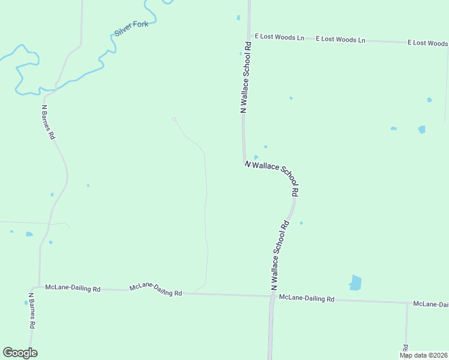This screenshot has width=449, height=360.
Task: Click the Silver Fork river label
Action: click(x=131, y=28)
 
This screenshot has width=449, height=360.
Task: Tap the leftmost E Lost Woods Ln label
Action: click(x=279, y=37)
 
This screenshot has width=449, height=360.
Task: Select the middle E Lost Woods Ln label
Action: click(x=342, y=40)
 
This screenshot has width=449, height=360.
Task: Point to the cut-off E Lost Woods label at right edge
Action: click(x=427, y=43)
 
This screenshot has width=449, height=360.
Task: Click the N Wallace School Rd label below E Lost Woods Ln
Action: click(x=246, y=77)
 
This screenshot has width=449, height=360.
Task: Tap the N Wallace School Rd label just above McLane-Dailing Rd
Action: click(x=279, y=256)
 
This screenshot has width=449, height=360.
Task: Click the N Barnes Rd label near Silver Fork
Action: click(x=48, y=122)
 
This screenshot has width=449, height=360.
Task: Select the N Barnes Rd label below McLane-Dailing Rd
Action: click(x=32, y=310)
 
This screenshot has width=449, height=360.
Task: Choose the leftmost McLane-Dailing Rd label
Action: click(x=73, y=288)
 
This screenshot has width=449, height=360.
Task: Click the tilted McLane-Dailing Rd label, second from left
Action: click(x=155, y=290)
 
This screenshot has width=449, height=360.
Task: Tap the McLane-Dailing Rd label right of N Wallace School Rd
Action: click(x=307, y=298)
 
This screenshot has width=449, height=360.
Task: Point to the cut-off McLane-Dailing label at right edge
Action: click(x=430, y=304)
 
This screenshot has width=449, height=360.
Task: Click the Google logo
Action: click(x=20, y=353)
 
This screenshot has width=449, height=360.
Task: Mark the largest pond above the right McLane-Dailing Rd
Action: click(x=355, y=282)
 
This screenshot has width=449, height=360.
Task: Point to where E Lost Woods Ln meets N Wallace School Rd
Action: click(x=248, y=36)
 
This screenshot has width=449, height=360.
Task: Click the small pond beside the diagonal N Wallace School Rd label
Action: click(x=256, y=157)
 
